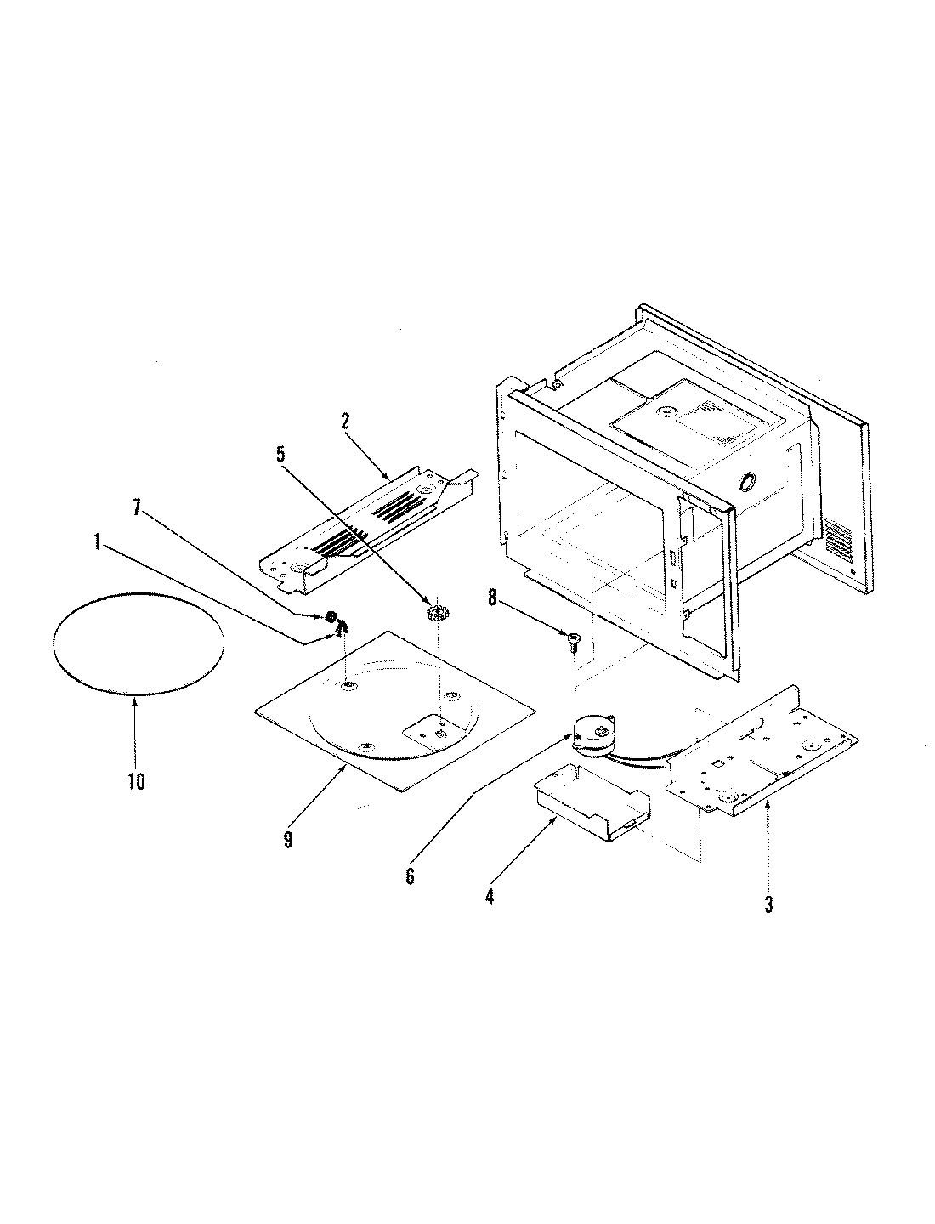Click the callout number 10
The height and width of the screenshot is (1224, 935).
(x=136, y=781)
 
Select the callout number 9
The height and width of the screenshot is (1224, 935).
(x=288, y=840)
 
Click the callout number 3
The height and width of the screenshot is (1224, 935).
(x=768, y=904)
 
